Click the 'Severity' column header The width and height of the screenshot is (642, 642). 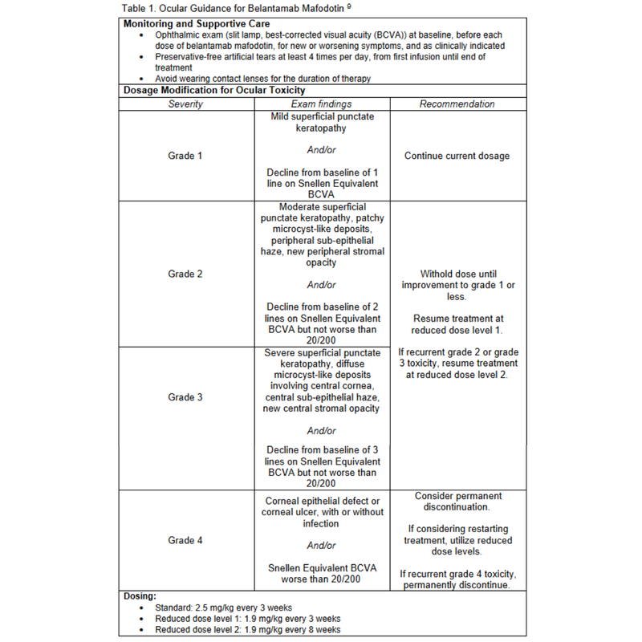[x=185, y=104]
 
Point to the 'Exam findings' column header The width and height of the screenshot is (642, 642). [x=321, y=104]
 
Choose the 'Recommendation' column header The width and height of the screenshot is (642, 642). [x=457, y=104]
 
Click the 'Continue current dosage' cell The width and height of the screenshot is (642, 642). [x=457, y=156]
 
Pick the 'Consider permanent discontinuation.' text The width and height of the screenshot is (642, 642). [x=457, y=502]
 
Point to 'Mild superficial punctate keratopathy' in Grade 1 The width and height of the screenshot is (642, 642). [x=321, y=122]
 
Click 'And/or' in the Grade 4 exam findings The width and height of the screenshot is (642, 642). [x=321, y=546]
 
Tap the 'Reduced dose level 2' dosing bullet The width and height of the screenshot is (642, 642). [x=248, y=630]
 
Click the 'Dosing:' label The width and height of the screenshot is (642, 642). [x=140, y=596]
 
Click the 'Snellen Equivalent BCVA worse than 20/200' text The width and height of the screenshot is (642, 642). [x=321, y=574]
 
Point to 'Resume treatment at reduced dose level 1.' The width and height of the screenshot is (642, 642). [x=457, y=324]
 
